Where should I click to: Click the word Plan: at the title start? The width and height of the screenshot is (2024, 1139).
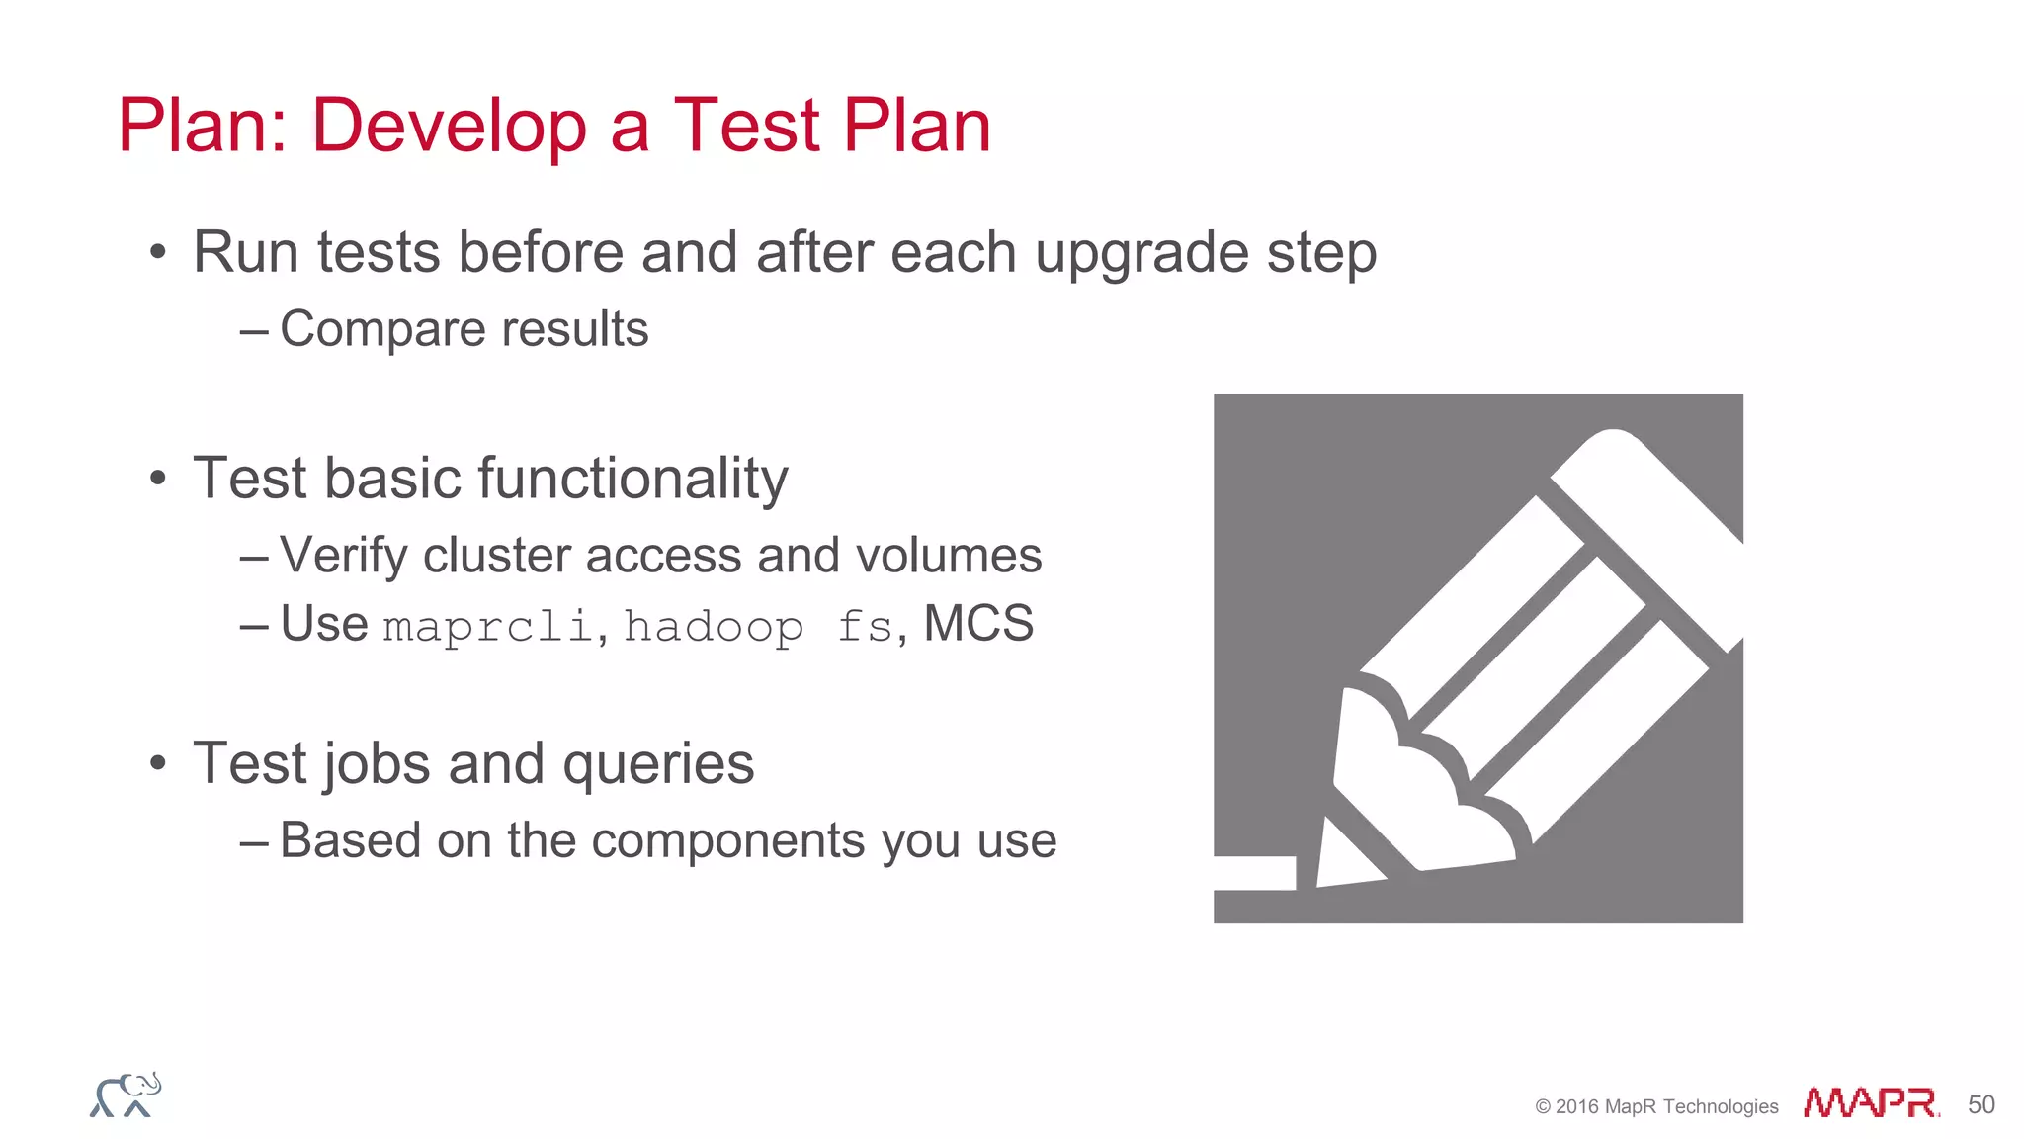coord(203,127)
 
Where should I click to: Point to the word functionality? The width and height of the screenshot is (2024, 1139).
coord(633,479)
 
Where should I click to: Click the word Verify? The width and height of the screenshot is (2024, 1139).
coord(343,556)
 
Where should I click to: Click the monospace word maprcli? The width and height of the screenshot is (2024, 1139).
coord(488,627)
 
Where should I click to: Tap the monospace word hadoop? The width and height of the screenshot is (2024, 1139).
coord(714,627)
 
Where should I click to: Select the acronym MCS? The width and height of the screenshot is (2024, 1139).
coord(978,624)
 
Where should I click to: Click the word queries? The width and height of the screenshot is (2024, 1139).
coord(657,765)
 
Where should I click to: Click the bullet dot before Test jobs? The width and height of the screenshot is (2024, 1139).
coord(158,764)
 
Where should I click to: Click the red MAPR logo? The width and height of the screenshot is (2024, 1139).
coord(1870,1103)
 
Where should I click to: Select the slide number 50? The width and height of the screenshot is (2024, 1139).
coord(1981,1104)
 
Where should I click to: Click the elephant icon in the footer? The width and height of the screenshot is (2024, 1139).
coord(126,1095)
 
